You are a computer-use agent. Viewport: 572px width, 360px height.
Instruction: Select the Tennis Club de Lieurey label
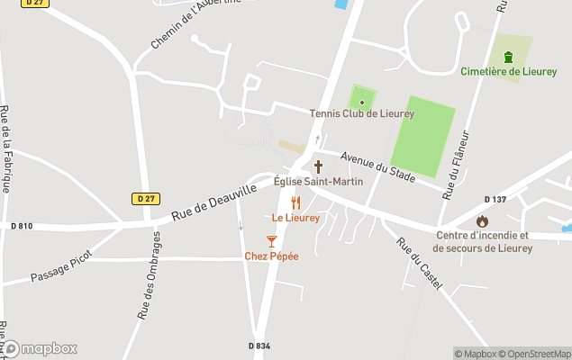click(x=361, y=113)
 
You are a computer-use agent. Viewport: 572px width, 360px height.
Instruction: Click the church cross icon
click(x=318, y=166)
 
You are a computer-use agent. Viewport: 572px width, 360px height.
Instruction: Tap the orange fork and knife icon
click(x=295, y=203)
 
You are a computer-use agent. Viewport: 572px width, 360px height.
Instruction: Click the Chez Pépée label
click(x=271, y=256)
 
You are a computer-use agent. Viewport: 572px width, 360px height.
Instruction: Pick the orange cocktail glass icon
click(x=271, y=240)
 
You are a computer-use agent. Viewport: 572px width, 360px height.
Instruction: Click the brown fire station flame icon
click(x=482, y=221)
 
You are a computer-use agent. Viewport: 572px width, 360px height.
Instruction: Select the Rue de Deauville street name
click(x=213, y=202)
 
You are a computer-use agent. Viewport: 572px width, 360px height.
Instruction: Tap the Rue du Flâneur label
click(x=457, y=166)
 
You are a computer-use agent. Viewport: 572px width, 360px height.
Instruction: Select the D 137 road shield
click(x=495, y=199)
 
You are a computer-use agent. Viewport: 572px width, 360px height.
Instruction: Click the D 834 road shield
click(x=259, y=346)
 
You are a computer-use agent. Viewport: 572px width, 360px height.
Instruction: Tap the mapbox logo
click(x=40, y=348)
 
